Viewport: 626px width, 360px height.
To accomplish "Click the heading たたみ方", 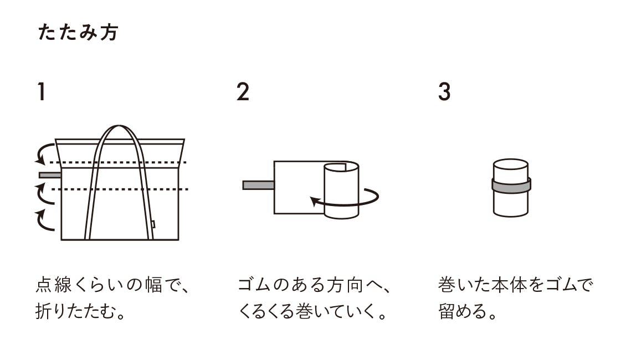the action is (x=78, y=32).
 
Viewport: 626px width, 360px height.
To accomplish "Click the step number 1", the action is (x=41, y=92).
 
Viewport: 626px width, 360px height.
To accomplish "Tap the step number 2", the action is (x=243, y=92).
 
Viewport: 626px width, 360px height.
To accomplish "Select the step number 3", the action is (x=444, y=92).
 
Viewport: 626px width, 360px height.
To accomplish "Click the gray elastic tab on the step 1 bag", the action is (x=50, y=175).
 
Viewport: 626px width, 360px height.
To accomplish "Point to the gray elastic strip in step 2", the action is (x=258, y=185).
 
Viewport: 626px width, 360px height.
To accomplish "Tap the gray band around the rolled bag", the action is (x=511, y=186).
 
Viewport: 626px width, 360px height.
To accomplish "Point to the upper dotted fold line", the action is (x=119, y=162).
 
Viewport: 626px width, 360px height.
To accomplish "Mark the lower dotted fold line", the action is (x=120, y=189).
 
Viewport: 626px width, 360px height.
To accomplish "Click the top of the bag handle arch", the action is (x=119, y=127).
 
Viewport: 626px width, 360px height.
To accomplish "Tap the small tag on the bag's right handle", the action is (x=153, y=224).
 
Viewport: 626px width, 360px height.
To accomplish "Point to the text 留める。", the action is (x=468, y=311).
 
